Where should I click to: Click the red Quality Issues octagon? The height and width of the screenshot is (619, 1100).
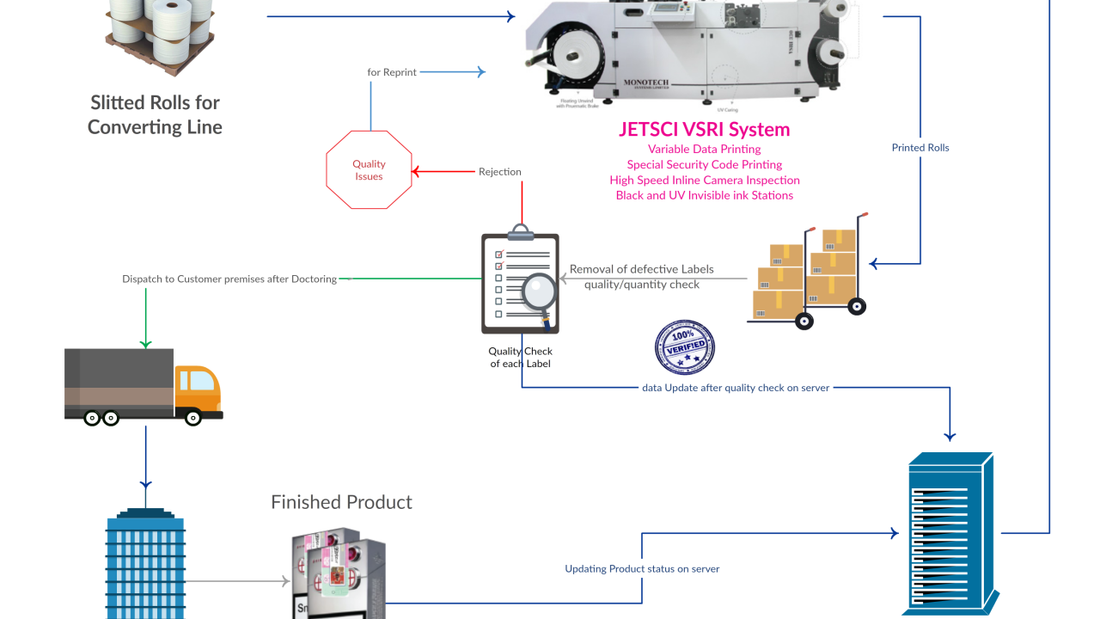click(369, 169)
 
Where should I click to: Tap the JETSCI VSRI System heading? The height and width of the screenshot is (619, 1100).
click(704, 130)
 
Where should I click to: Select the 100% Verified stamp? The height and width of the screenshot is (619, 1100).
click(685, 347)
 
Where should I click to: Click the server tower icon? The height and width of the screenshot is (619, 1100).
click(950, 534)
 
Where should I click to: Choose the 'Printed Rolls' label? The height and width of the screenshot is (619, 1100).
click(920, 148)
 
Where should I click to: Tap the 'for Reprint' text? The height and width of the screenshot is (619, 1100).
click(392, 72)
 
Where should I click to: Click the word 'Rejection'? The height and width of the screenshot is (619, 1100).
click(500, 172)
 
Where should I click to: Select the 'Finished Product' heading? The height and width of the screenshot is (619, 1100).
click(341, 502)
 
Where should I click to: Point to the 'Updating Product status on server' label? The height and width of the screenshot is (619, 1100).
click(642, 569)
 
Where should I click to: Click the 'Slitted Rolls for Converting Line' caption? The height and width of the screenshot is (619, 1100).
click(155, 114)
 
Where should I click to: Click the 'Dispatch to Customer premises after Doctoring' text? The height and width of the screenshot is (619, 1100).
click(229, 279)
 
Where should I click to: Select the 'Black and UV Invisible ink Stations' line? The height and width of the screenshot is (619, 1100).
click(704, 195)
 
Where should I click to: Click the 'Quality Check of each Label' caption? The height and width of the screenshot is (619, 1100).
click(520, 358)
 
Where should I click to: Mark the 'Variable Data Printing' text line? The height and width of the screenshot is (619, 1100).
click(704, 150)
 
